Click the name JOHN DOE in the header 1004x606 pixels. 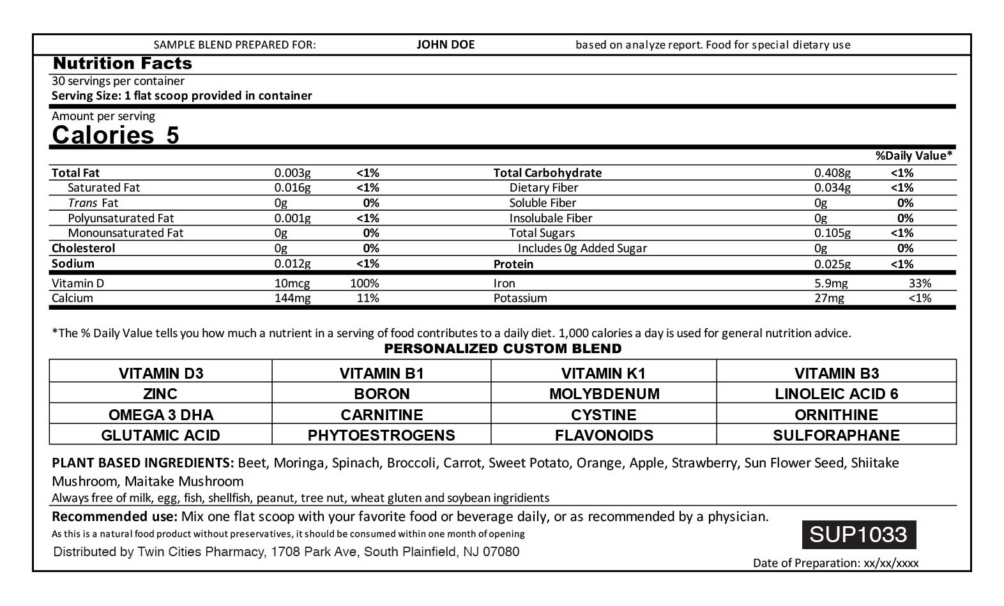(445, 45)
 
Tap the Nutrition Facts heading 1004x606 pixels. (122, 63)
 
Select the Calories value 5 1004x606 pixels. (172, 135)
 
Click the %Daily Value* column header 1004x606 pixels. (913, 156)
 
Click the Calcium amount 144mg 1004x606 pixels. (292, 298)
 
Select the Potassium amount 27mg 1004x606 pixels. (829, 298)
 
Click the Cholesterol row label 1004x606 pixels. (84, 248)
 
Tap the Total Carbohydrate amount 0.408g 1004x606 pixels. (832, 173)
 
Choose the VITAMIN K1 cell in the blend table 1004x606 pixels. (603, 373)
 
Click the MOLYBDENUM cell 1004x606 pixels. (604, 393)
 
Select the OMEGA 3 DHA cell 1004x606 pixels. (161, 414)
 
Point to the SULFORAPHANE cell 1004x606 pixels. (836, 435)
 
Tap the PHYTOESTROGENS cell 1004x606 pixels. (381, 435)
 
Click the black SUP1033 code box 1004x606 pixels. (858, 534)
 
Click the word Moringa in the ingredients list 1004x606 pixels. (299, 463)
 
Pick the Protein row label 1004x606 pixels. (513, 264)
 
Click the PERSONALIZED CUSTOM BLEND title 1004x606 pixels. (503, 349)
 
